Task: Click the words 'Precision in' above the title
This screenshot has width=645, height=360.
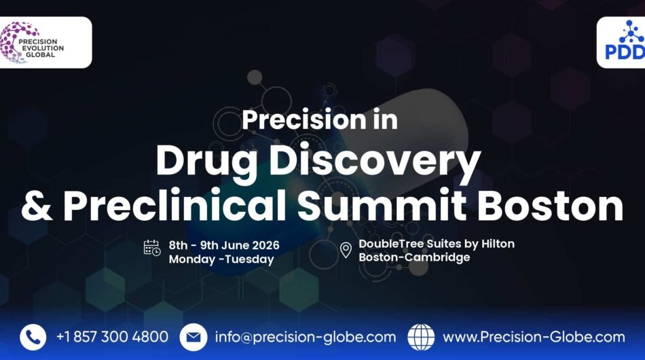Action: [320, 120]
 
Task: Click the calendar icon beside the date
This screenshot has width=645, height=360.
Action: [152, 248]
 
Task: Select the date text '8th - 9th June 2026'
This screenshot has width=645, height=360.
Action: [224, 245]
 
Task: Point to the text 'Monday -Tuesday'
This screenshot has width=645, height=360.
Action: [221, 259]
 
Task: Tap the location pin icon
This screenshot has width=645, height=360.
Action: [346, 250]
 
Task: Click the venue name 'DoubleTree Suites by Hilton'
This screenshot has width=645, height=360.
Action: [436, 244]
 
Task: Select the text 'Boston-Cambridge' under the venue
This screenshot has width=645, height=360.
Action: [414, 257]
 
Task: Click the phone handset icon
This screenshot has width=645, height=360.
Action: [33, 337]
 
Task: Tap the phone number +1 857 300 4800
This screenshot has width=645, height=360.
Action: [112, 337]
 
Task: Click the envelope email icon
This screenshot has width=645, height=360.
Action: [193, 337]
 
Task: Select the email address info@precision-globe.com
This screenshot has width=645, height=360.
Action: [305, 337]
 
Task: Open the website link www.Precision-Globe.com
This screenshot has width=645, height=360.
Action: [534, 337]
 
